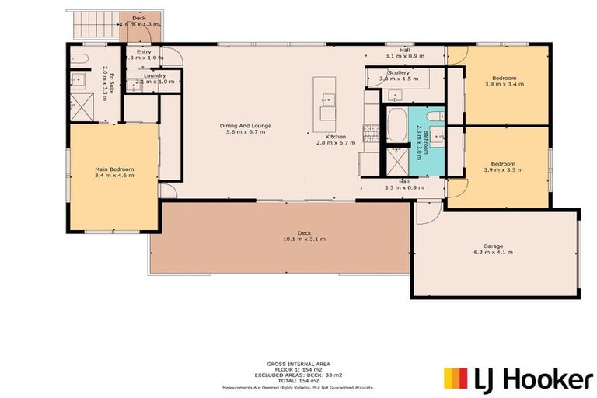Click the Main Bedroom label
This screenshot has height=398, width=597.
(114, 169)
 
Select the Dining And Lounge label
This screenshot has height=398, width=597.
(246, 126)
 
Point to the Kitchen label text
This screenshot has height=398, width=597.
(336, 137)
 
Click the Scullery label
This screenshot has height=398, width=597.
(399, 73)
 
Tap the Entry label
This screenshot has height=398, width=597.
(145, 51)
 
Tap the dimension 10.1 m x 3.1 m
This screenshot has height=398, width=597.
(304, 239)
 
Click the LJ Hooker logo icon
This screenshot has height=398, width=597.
(455, 379)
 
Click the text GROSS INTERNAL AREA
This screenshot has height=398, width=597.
(299, 363)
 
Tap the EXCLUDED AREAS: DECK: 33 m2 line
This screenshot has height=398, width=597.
(299, 374)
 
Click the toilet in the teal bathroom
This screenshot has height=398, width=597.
(436, 117)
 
